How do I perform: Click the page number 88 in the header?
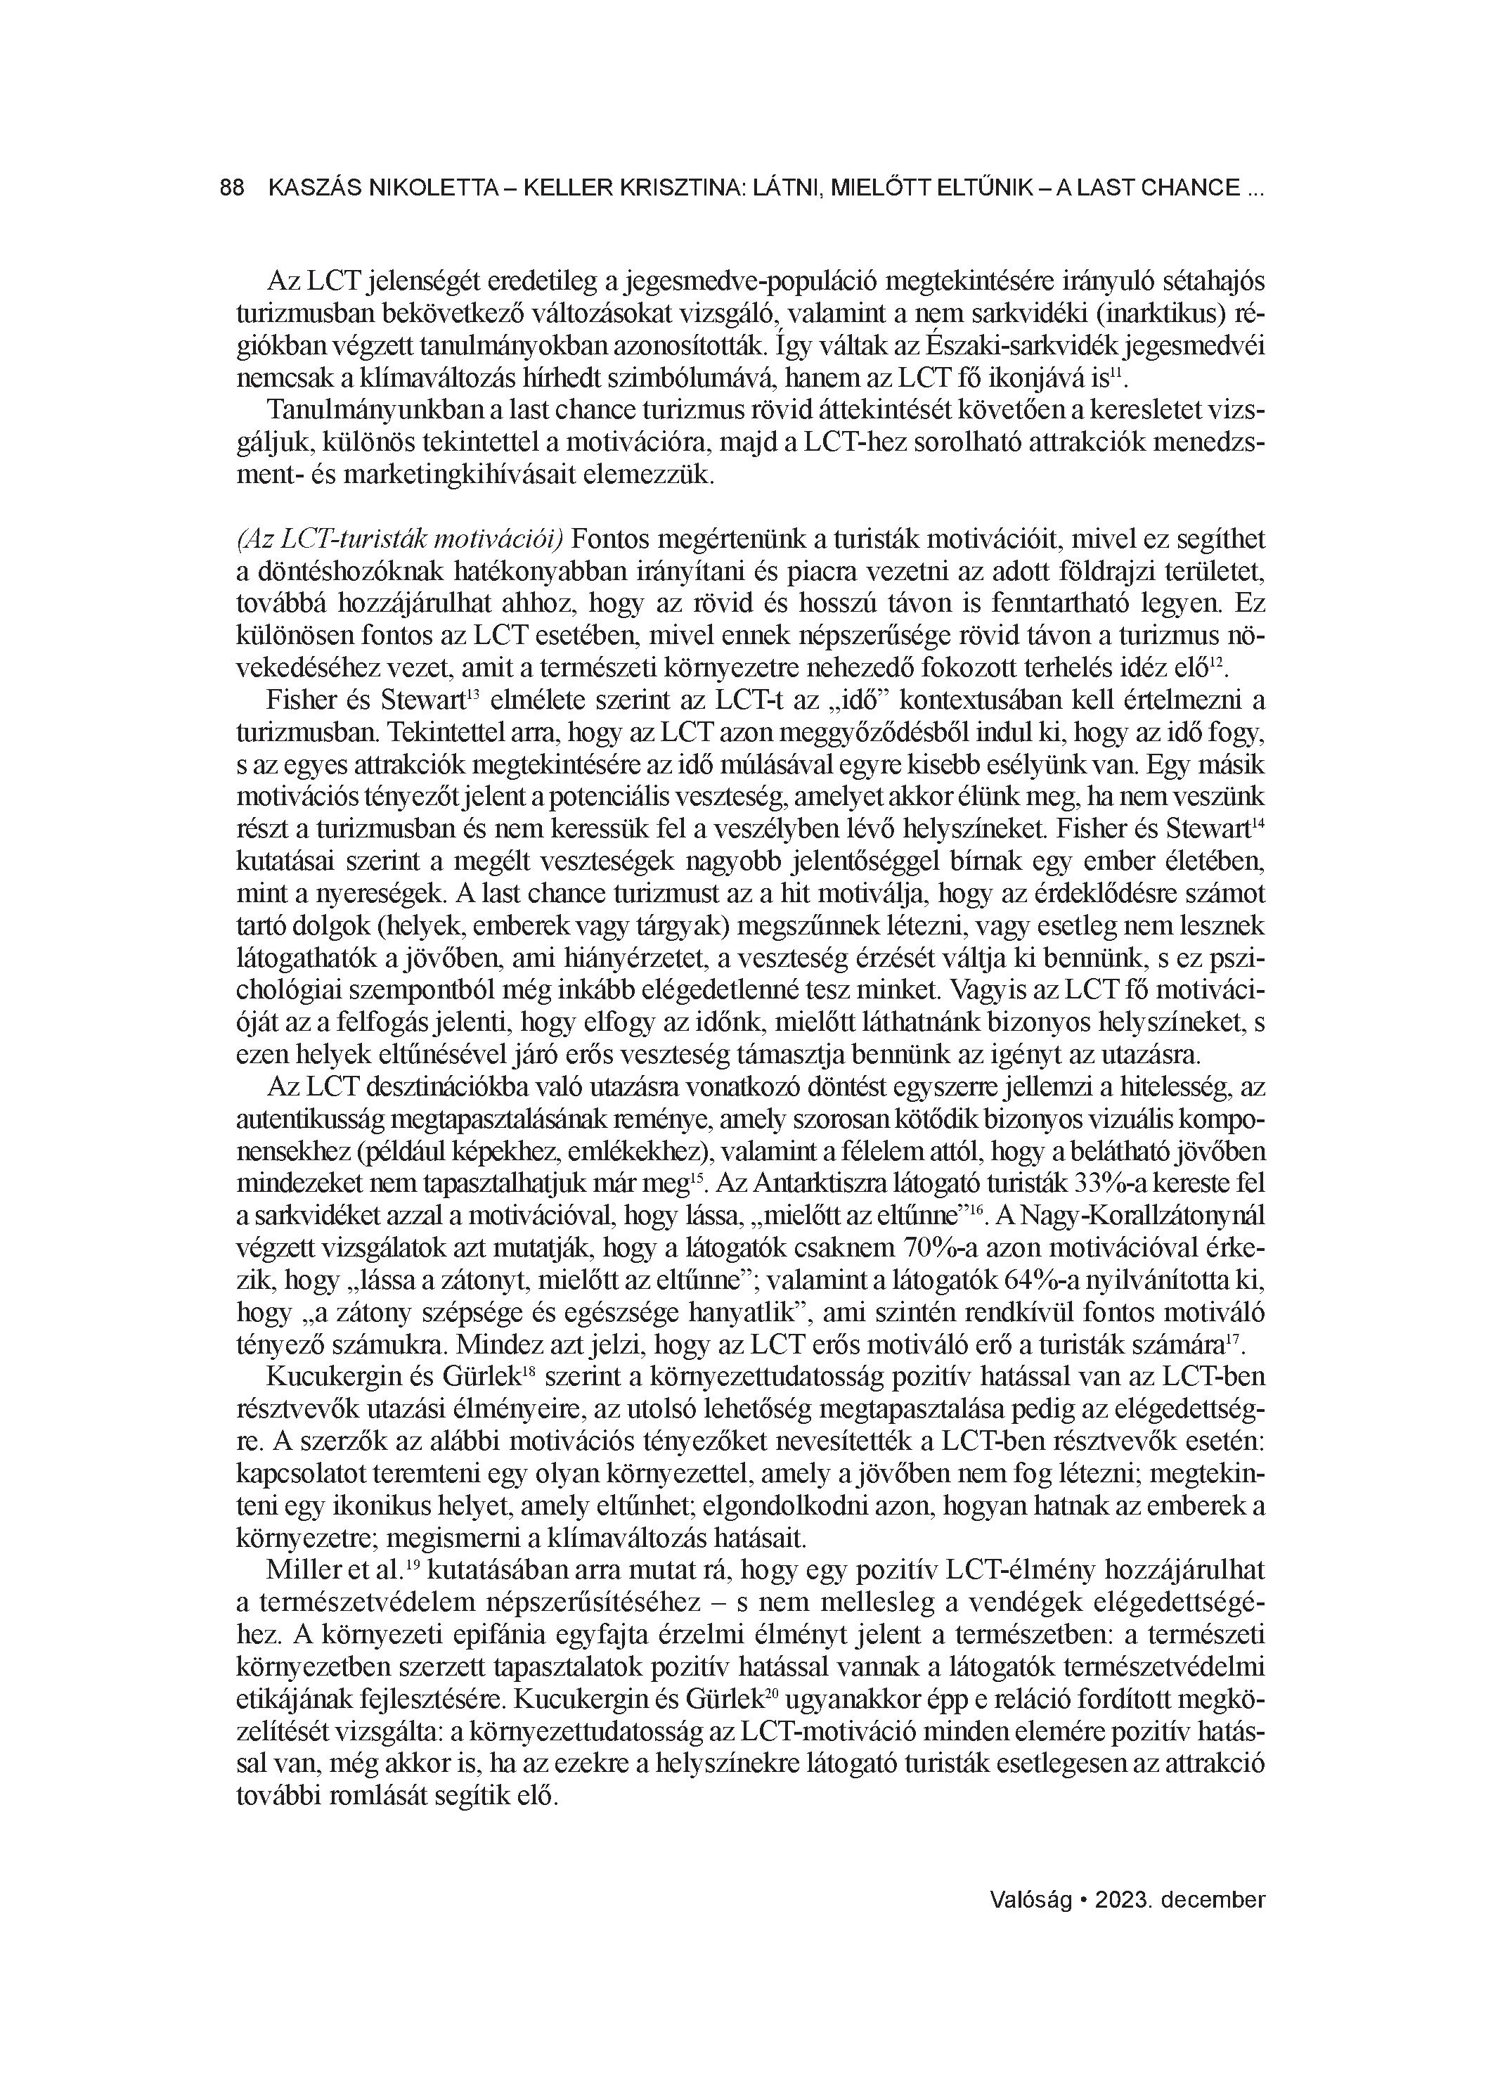coord(233,188)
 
